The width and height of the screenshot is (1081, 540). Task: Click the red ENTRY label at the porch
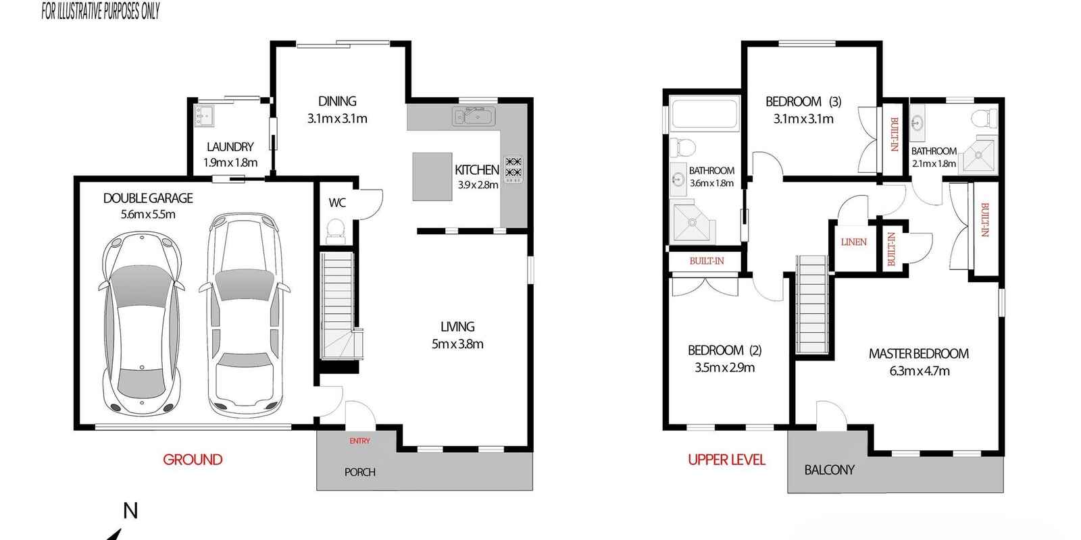pyautogui.click(x=359, y=441)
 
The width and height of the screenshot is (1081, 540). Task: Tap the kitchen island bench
pyautogui.click(x=432, y=176)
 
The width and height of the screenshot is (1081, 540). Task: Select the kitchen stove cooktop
pyautogui.click(x=513, y=169)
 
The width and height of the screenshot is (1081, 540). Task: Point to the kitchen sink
pyautogui.click(x=474, y=116)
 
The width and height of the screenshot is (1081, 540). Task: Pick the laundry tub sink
pyautogui.click(x=204, y=115)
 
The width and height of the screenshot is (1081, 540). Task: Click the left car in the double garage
pyautogui.click(x=142, y=324)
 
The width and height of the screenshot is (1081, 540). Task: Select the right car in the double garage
pyautogui.click(x=245, y=315)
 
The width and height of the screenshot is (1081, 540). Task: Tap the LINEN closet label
pyautogui.click(x=854, y=242)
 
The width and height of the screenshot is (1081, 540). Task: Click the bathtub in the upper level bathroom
pyautogui.click(x=705, y=114)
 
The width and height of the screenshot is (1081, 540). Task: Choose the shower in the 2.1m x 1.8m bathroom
pyautogui.click(x=978, y=155)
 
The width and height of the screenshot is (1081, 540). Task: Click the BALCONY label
pyautogui.click(x=829, y=470)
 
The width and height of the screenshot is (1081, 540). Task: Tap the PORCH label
pyautogui.click(x=359, y=472)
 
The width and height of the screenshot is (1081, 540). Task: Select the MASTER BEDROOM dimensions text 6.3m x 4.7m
pyautogui.click(x=920, y=371)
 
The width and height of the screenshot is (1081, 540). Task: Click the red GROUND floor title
pyautogui.click(x=193, y=460)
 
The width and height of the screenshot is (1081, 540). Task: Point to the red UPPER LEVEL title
pyautogui.click(x=726, y=460)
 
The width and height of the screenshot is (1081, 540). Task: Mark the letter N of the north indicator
pyautogui.click(x=130, y=510)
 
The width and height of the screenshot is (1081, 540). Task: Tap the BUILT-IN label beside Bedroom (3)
pyautogui.click(x=893, y=134)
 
